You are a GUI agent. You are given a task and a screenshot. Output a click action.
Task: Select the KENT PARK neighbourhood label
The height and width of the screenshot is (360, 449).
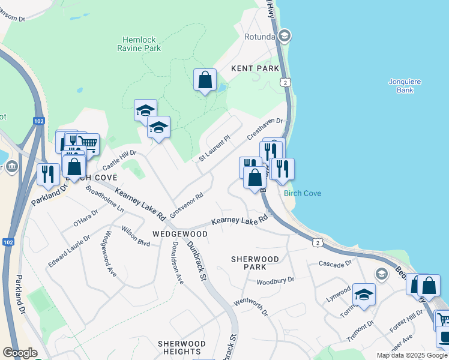click(x=255, y=69)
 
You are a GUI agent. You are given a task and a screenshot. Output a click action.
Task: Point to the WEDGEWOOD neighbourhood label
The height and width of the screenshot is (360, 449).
click(x=179, y=233)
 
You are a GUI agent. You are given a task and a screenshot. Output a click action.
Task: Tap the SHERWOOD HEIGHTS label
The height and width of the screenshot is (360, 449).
click(x=181, y=347)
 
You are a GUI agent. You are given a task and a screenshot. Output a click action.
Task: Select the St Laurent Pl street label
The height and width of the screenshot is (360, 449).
click(x=215, y=148)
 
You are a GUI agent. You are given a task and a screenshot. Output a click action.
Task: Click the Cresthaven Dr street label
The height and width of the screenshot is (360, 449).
click(x=265, y=129)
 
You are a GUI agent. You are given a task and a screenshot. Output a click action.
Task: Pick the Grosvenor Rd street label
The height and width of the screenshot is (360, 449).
click(x=187, y=205)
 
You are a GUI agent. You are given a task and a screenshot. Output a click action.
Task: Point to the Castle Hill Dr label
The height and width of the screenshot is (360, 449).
click(x=119, y=160)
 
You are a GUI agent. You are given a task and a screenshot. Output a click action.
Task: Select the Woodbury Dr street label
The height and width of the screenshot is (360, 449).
click(x=276, y=280)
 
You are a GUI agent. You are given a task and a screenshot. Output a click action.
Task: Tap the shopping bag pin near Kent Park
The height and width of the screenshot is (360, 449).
click(x=205, y=80)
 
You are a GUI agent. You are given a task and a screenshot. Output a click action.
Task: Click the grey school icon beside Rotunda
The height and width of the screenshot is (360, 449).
click(x=285, y=36)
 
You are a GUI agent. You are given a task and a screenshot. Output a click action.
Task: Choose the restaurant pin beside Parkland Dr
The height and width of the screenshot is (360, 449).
click(x=47, y=173)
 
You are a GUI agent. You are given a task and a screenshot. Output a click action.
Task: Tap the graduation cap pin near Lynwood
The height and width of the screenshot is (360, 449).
click(x=363, y=295)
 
